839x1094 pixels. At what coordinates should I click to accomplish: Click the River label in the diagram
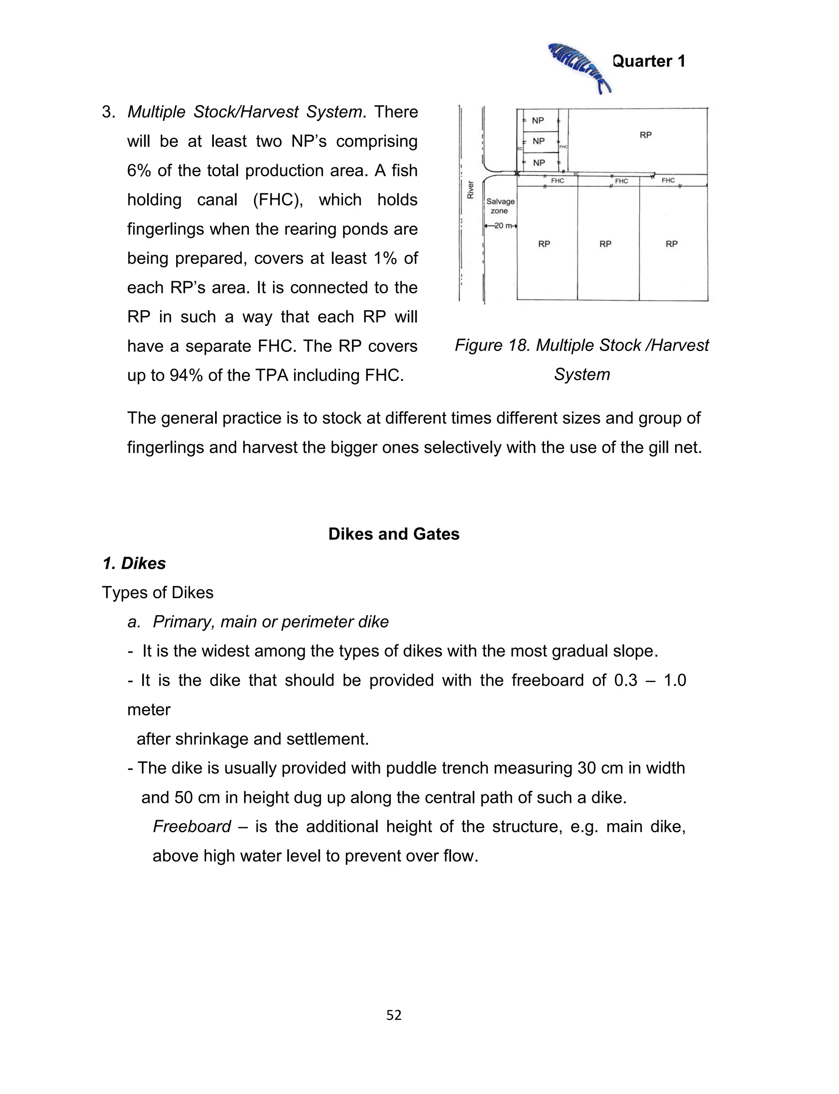[x=470, y=189]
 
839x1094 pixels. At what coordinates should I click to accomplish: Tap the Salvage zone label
[x=500, y=206]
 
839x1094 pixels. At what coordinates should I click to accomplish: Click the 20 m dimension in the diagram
[x=500, y=226]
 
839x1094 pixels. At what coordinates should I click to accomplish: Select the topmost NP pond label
[x=538, y=121]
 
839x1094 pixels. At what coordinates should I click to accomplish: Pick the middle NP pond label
[x=538, y=141]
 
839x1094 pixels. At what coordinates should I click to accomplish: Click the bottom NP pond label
[x=539, y=163]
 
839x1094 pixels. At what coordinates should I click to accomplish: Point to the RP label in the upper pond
[x=645, y=135]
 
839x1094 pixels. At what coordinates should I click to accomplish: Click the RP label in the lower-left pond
[x=544, y=244]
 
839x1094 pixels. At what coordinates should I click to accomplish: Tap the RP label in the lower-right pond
[x=672, y=244]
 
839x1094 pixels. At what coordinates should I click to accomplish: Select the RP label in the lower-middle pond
[x=605, y=244]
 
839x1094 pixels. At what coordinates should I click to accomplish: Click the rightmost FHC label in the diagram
[x=668, y=180]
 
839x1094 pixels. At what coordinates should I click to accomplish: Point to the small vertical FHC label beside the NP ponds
[x=563, y=147]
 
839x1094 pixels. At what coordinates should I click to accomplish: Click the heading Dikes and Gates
[x=394, y=534]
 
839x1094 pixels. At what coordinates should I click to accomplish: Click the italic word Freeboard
[x=192, y=827]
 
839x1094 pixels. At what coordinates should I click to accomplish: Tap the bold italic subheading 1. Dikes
[x=134, y=564]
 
